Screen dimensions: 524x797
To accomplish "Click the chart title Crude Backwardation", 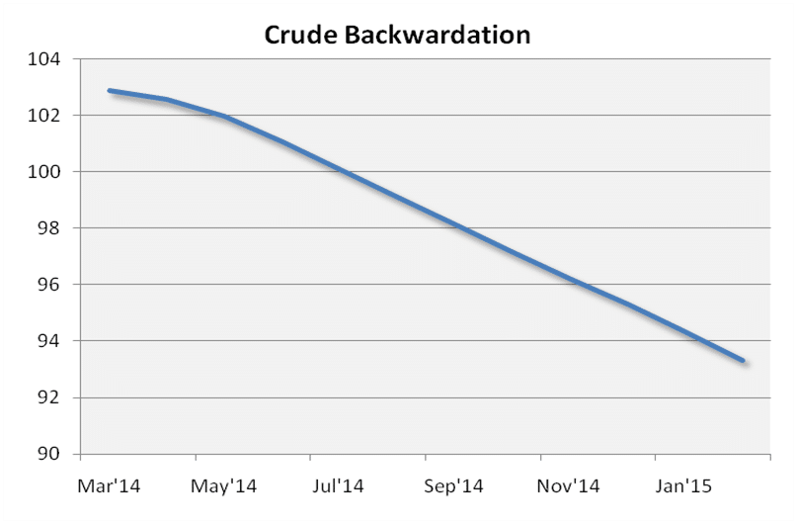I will click(x=397, y=36).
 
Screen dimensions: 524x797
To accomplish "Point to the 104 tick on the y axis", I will click(x=45, y=59).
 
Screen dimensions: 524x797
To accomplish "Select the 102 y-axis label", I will click(x=45, y=116).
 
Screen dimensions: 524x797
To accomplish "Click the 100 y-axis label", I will click(x=45, y=172).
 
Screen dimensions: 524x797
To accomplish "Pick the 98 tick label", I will click(x=49, y=228).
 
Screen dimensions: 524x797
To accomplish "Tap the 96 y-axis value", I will click(x=49, y=285).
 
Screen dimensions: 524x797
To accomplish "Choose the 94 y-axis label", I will click(x=49, y=341).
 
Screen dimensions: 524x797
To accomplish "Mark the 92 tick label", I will click(x=49, y=397).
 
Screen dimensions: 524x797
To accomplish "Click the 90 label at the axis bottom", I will click(x=49, y=455).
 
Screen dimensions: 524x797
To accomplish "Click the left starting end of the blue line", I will click(x=110, y=91).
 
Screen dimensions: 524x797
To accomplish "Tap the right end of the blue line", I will click(x=743, y=361).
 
